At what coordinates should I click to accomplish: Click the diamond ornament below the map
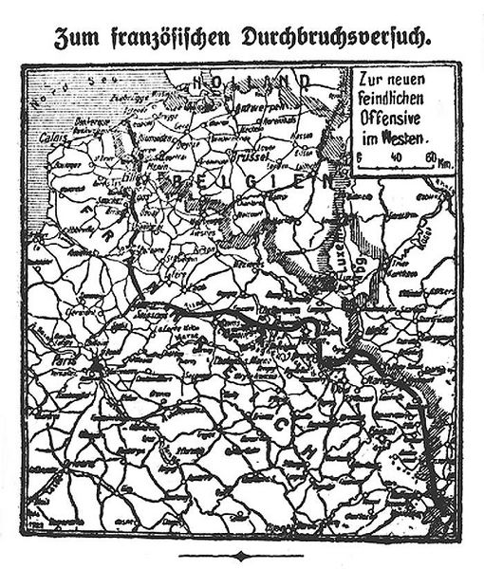click(x=241, y=554)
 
